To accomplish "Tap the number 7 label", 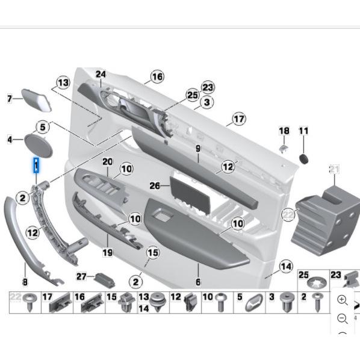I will [x=10, y=99].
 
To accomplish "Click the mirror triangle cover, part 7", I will [x=37, y=99].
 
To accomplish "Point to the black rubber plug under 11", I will [x=305, y=158].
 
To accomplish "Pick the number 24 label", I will [x=101, y=75].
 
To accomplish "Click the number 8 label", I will [x=25, y=282].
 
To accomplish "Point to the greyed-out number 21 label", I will [x=335, y=169].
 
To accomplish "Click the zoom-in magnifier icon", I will [x=343, y=299].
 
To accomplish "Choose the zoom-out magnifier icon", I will [x=343, y=318].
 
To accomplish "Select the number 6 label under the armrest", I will [x=197, y=282].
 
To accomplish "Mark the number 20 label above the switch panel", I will [x=107, y=162].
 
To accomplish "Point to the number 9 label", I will [x=197, y=148].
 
